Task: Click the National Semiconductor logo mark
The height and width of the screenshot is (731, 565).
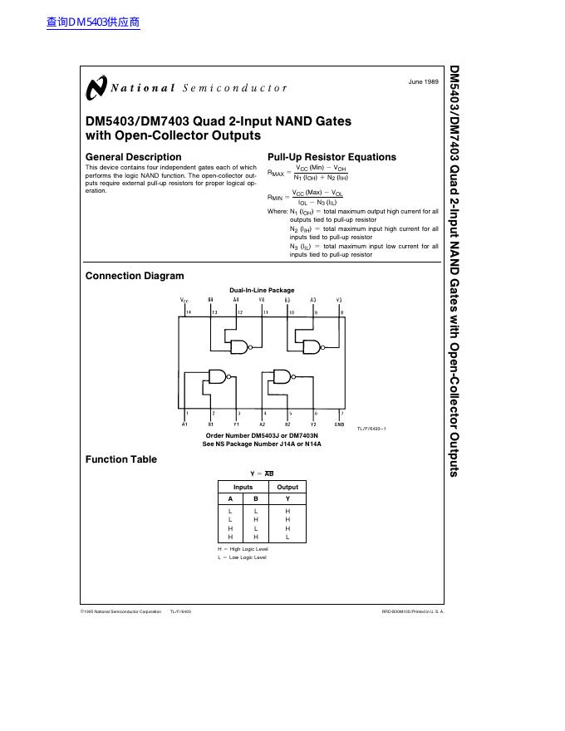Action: [96, 87]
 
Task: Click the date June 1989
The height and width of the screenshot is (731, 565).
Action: [424, 82]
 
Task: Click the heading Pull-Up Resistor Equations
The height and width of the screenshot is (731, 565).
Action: [332, 157]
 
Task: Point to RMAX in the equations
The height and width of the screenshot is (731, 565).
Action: [276, 174]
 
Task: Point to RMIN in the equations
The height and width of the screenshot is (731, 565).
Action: [275, 198]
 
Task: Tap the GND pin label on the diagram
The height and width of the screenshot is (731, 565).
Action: [339, 424]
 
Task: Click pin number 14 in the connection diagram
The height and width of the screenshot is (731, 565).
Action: [189, 312]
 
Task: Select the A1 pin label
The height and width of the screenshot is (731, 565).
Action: [184, 424]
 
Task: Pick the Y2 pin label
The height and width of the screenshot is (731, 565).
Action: [314, 424]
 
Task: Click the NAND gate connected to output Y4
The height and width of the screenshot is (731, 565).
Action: [240, 346]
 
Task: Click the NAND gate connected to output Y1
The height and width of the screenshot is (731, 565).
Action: [218, 375]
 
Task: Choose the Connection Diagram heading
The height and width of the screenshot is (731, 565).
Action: [135, 276]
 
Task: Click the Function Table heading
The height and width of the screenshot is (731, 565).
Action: [120, 459]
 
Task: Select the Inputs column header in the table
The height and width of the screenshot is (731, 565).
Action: [243, 487]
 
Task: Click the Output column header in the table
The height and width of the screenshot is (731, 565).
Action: [287, 487]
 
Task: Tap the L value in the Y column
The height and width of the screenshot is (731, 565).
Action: [287, 537]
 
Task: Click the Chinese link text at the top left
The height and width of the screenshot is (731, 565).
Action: [93, 22]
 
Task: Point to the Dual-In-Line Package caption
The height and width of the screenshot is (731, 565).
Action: [262, 290]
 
